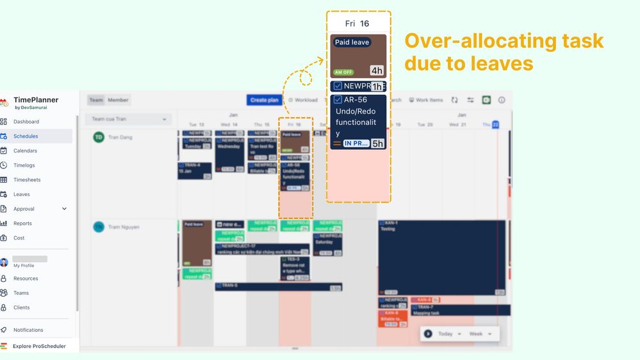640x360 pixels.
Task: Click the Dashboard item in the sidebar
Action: (26, 122)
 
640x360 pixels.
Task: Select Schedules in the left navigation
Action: (26, 136)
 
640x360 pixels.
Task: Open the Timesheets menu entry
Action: (28, 180)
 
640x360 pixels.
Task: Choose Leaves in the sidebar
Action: (22, 194)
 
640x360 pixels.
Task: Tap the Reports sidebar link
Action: (22, 224)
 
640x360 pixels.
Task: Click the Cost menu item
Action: (19, 238)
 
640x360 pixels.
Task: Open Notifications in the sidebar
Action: (28, 330)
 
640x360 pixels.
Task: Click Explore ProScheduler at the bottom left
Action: (39, 347)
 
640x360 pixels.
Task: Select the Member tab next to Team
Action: (118, 100)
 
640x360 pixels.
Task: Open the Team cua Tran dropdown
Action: (128, 119)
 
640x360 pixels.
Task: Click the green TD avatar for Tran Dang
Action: (99, 137)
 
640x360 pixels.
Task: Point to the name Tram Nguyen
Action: (124, 227)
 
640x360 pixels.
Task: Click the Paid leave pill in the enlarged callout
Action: (352, 42)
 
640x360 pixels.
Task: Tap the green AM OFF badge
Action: (343, 72)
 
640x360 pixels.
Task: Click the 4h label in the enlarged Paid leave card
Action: (377, 70)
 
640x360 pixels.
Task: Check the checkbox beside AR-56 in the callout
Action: (338, 100)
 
